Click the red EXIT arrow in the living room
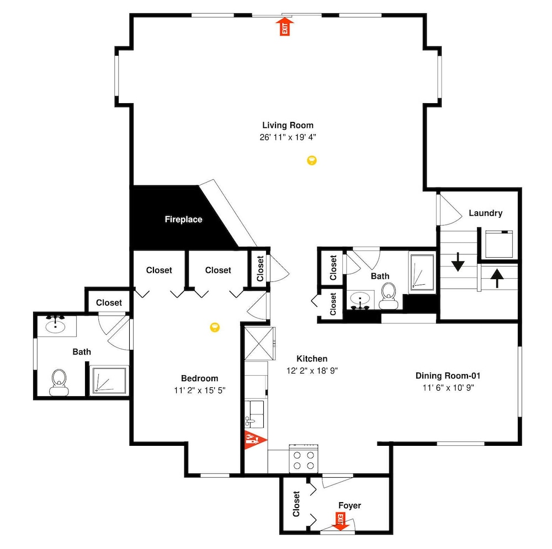(x=284, y=27)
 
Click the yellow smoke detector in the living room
(x=312, y=161)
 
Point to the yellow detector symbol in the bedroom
(x=215, y=327)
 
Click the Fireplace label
(x=183, y=219)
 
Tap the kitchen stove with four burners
(x=304, y=459)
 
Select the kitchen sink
(x=254, y=413)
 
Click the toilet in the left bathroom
(x=59, y=382)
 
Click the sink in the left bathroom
(x=56, y=326)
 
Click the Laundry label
(x=485, y=213)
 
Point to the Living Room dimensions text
(x=288, y=137)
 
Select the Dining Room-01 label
(x=448, y=376)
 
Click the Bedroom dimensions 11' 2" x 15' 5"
(x=200, y=390)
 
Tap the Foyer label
(x=349, y=506)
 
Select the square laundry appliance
(x=499, y=244)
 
